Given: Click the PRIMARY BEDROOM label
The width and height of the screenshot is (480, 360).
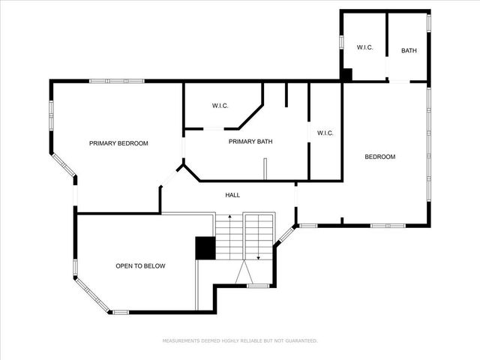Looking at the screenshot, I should [x=118, y=143].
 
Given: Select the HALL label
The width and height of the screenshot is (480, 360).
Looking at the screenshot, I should [x=232, y=195].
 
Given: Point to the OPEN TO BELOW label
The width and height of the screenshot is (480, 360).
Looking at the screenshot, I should [x=140, y=266].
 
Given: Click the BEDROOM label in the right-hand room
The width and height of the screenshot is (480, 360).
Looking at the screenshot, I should [x=379, y=157].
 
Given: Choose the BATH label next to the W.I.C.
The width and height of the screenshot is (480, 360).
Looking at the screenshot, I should [x=409, y=51].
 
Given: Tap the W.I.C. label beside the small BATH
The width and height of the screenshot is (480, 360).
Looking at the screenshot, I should [x=364, y=47].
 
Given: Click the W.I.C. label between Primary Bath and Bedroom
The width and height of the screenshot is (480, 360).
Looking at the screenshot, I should [x=325, y=133].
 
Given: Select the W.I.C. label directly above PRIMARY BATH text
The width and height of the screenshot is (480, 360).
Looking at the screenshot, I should [x=220, y=105].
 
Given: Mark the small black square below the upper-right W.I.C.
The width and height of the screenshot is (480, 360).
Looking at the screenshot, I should [x=346, y=75].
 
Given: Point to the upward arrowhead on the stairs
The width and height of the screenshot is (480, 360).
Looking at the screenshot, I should [x=229, y=217].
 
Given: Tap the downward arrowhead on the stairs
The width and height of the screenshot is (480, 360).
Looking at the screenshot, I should [x=258, y=257].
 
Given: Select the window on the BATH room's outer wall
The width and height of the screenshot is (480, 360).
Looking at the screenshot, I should [x=429, y=22].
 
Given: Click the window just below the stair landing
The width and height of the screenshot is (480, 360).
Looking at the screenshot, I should [x=257, y=286].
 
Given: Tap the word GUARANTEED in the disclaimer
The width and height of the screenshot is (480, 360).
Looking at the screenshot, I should [x=299, y=340].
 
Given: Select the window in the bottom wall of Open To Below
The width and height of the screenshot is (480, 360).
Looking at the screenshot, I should [x=120, y=311].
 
